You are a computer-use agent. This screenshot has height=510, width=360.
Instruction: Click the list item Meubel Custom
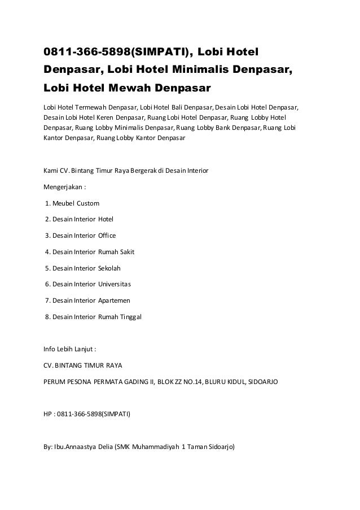click(x=74, y=202)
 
